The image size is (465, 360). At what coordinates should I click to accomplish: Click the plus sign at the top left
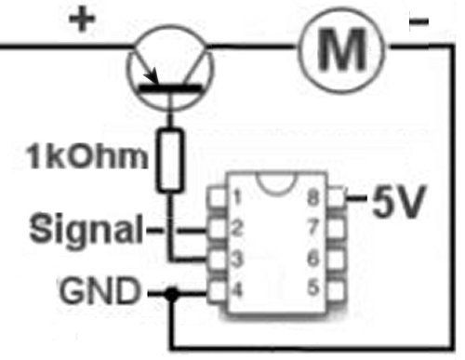pos(82,20)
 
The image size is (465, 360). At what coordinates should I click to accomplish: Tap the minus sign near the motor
pos(418,21)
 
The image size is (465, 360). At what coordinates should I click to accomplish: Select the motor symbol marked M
pos(342,49)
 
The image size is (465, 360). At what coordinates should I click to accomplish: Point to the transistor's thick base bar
pos(170,88)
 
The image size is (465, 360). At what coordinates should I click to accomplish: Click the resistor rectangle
pos(169,161)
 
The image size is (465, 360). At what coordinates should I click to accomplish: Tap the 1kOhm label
pos(87,156)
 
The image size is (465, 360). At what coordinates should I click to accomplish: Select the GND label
pos(100,291)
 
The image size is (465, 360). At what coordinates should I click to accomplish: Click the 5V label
pos(398,201)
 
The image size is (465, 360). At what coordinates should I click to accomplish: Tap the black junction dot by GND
pos(171,293)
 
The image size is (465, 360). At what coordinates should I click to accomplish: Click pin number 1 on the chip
pos(237,197)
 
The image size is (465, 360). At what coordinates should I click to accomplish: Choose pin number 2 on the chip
pos(237,228)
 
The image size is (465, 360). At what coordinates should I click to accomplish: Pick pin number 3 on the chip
pos(237,259)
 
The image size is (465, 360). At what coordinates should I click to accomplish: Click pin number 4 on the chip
pos(237,290)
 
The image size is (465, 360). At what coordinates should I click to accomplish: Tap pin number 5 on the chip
pos(313,287)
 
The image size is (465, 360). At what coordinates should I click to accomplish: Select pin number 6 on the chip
pos(313,258)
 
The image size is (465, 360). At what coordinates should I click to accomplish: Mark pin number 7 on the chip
pos(313,227)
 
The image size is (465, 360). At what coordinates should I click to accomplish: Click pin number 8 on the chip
pos(313,197)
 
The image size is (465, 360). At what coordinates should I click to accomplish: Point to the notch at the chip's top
pos(276,192)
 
